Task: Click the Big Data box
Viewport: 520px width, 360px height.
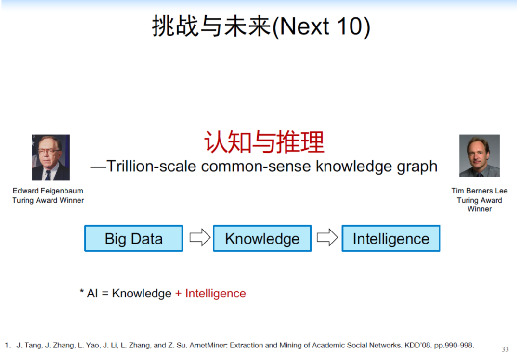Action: coord(134,238)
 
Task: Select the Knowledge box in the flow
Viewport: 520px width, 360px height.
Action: coord(262,238)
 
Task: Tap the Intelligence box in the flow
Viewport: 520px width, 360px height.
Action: coord(391,238)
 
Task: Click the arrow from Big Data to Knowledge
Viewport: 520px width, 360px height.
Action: coord(200,237)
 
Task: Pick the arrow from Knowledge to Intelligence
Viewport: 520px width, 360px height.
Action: coord(327,237)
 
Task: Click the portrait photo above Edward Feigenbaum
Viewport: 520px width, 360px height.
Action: coord(51,157)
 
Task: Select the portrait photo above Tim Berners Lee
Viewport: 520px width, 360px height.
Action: coord(479,155)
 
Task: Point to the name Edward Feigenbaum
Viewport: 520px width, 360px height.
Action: coord(48,191)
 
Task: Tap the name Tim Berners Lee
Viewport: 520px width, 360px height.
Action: coord(479,191)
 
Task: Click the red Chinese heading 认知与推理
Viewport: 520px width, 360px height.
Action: coord(264,142)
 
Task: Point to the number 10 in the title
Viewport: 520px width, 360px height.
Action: coord(350,26)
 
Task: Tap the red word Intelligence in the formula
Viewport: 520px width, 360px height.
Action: coord(216,294)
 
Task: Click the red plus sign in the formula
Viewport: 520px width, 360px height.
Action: coord(178,294)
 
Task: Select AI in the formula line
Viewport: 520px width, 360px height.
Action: coord(92,294)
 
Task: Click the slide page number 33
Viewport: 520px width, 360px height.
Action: coord(505,349)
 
